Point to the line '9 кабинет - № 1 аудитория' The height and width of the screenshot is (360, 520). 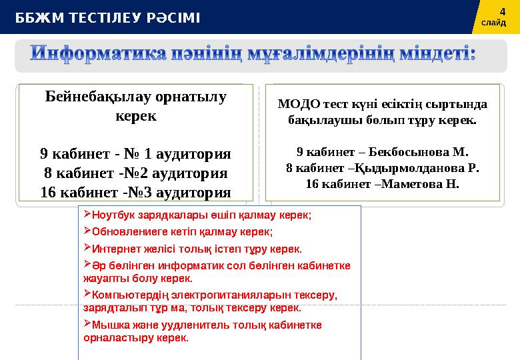coord(135,154)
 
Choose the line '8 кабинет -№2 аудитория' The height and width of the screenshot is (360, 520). coord(135,173)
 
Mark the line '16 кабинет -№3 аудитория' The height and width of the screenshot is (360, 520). coord(135,193)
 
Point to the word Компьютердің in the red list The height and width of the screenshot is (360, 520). coord(123,295)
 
